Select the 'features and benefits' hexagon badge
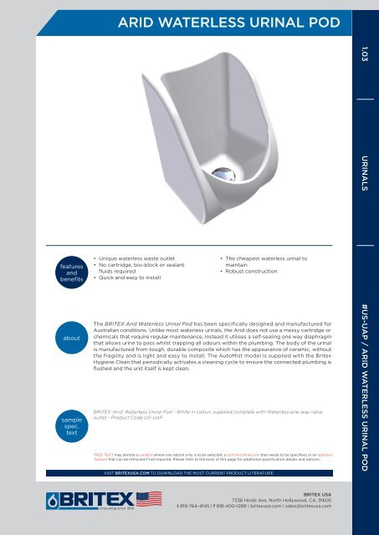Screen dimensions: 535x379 (71, 270)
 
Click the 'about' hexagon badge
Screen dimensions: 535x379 (71, 339)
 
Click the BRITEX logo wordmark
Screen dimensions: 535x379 (94, 499)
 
